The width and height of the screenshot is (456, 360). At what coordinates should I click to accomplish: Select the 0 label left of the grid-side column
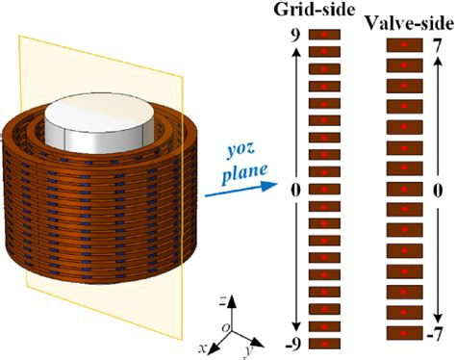297,190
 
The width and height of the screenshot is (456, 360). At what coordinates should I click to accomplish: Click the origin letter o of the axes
226,326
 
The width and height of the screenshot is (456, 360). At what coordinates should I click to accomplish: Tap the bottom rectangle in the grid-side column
324,343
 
